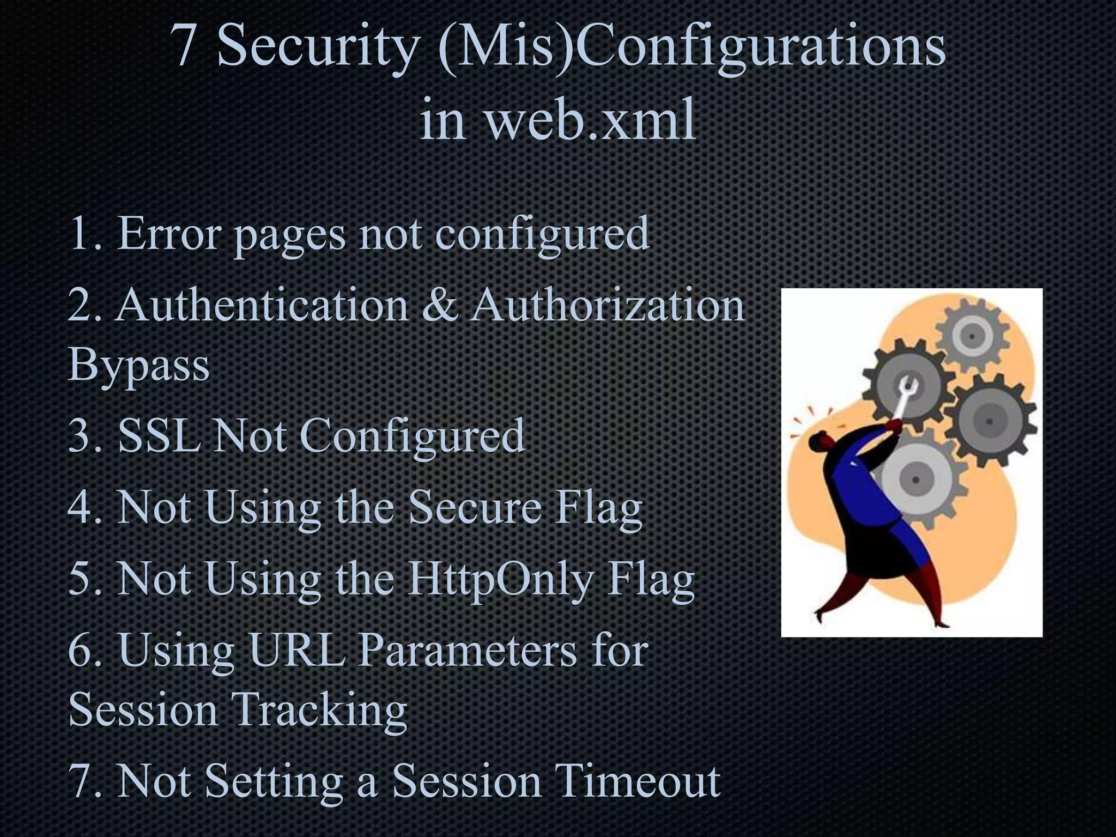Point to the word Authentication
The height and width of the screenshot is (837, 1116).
click(x=262, y=305)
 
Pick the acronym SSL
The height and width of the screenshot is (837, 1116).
click(x=159, y=436)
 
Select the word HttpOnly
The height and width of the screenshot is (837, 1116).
click(x=500, y=580)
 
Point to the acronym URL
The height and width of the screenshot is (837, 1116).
click(x=297, y=651)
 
